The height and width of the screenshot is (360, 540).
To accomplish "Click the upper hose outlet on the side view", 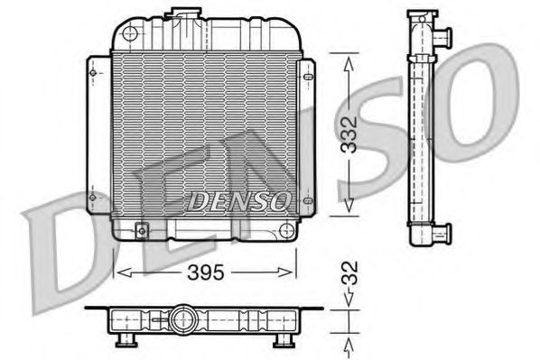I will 442,39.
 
